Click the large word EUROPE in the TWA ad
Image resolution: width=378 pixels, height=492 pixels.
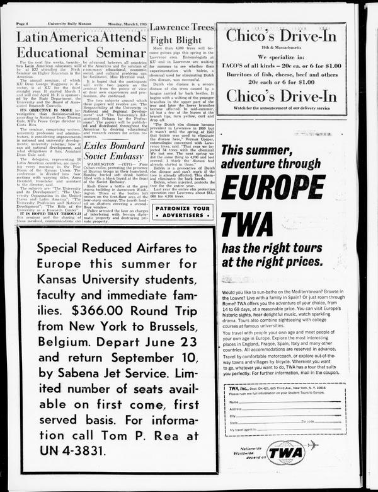282,185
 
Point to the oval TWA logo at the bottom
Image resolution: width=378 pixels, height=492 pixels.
285,452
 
